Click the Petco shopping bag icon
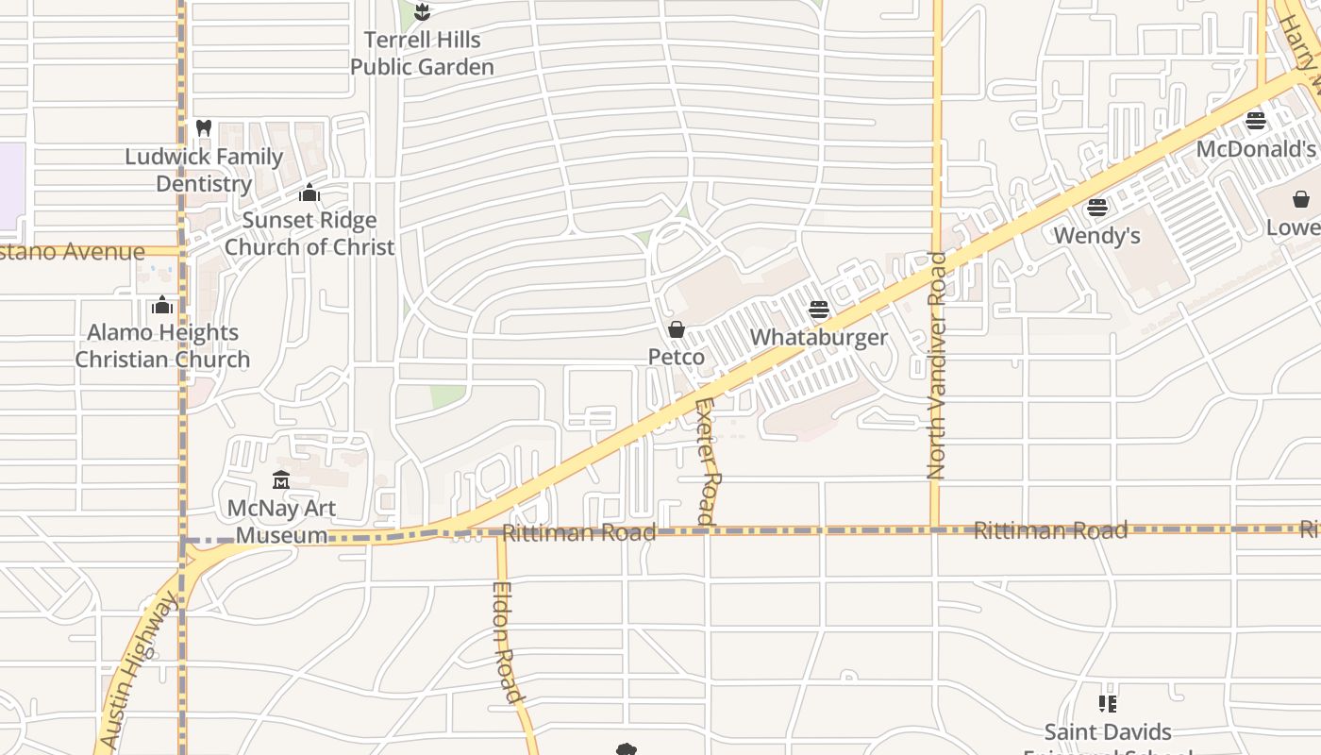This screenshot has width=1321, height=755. [677, 329]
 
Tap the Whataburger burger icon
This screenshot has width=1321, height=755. [819, 310]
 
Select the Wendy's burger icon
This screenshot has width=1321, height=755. [1096, 208]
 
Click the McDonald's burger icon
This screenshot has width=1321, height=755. [1255, 121]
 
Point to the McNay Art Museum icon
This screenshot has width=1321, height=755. [280, 480]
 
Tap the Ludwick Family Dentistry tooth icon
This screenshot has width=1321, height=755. [203, 128]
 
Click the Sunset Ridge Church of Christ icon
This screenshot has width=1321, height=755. [309, 193]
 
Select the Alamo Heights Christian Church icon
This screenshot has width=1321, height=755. [162, 306]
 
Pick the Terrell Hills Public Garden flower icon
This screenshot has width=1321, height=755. [422, 12]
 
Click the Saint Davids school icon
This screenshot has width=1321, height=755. [1108, 704]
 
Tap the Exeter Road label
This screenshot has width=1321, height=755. [707, 461]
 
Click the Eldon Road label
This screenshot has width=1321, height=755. [507, 643]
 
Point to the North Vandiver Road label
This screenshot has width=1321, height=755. [936, 365]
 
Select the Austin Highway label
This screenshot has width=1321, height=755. [138, 671]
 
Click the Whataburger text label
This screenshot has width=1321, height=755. [819, 338]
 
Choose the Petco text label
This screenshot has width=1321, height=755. [677, 358]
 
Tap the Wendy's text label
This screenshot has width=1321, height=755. [1096, 235]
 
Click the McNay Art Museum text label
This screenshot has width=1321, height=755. [281, 522]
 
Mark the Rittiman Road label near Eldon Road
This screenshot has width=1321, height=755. [578, 533]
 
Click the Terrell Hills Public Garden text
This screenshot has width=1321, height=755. [422, 54]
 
